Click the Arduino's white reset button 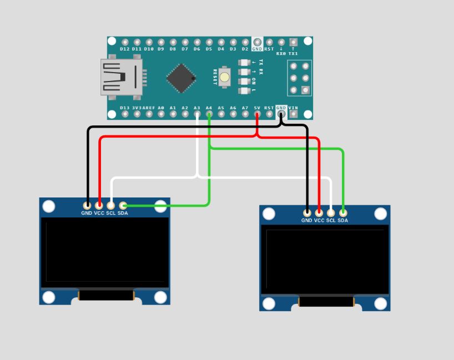[x=225, y=77]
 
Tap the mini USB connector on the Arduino [x=119, y=77]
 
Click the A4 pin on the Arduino [x=209, y=114]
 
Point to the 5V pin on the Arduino [x=257, y=114]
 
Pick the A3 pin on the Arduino [x=197, y=114]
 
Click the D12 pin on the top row [x=125, y=42]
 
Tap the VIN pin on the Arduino [x=293, y=114]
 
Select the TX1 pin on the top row [x=293, y=42]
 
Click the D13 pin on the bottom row [x=125, y=114]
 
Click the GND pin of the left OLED [x=87, y=205]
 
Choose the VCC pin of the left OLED [x=99, y=205]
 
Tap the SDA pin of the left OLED [x=123, y=205]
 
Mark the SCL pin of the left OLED [x=111, y=205]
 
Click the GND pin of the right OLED [x=307, y=212]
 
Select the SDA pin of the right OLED [x=343, y=212]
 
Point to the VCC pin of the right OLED [x=319, y=212]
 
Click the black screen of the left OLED [x=105, y=252]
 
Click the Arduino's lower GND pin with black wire [x=281, y=114]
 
